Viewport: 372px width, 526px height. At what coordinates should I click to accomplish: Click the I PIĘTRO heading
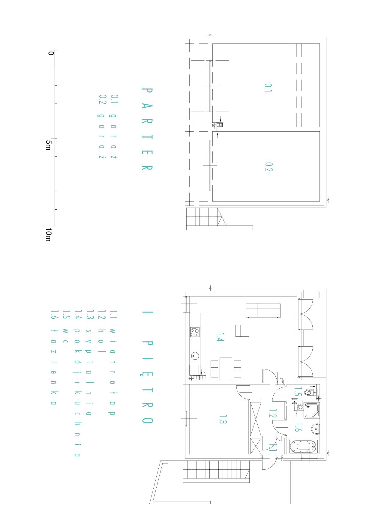coord(147,367)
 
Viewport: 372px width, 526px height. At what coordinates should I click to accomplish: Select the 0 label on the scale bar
coord(51,53)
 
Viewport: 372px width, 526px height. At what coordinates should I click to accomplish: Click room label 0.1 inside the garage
coord(268,88)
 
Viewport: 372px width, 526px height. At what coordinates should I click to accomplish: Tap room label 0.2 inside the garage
coord(268,167)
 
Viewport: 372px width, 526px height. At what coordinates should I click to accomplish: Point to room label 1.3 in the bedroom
coord(222,420)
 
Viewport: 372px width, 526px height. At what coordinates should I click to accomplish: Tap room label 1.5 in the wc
coord(297,392)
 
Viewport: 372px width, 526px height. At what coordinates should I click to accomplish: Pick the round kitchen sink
coord(195,356)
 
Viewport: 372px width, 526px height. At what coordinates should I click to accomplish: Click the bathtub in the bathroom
coord(303,447)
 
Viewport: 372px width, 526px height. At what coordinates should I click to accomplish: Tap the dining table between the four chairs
coord(226,369)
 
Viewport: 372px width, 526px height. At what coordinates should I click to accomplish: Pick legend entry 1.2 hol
coord(101,332)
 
